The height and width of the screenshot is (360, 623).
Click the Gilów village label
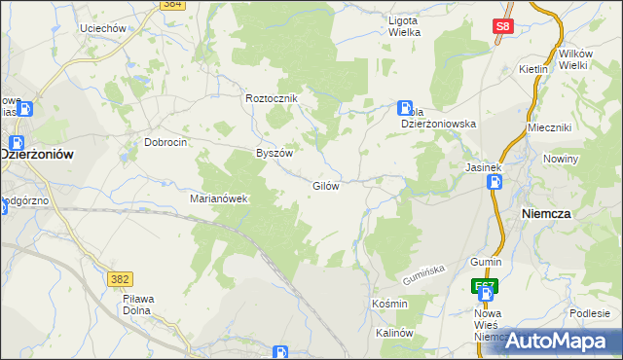click(x=325, y=186)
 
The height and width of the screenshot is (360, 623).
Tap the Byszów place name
click(x=274, y=153)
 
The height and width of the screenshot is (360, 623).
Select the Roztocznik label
click(x=272, y=98)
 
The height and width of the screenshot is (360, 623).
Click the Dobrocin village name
click(x=165, y=141)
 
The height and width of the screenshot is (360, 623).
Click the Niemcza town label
click(x=572, y=212)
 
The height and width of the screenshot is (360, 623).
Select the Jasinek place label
click(x=483, y=166)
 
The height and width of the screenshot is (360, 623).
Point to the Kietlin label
click(x=533, y=70)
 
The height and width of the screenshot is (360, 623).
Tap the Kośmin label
click(x=389, y=305)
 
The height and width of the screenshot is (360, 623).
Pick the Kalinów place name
click(x=395, y=333)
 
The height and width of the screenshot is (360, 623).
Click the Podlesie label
click(x=591, y=312)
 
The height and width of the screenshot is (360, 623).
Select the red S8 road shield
click(x=502, y=28)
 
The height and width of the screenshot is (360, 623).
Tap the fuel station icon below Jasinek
click(x=495, y=182)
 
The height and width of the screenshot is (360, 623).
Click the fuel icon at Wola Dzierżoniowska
click(x=405, y=108)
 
